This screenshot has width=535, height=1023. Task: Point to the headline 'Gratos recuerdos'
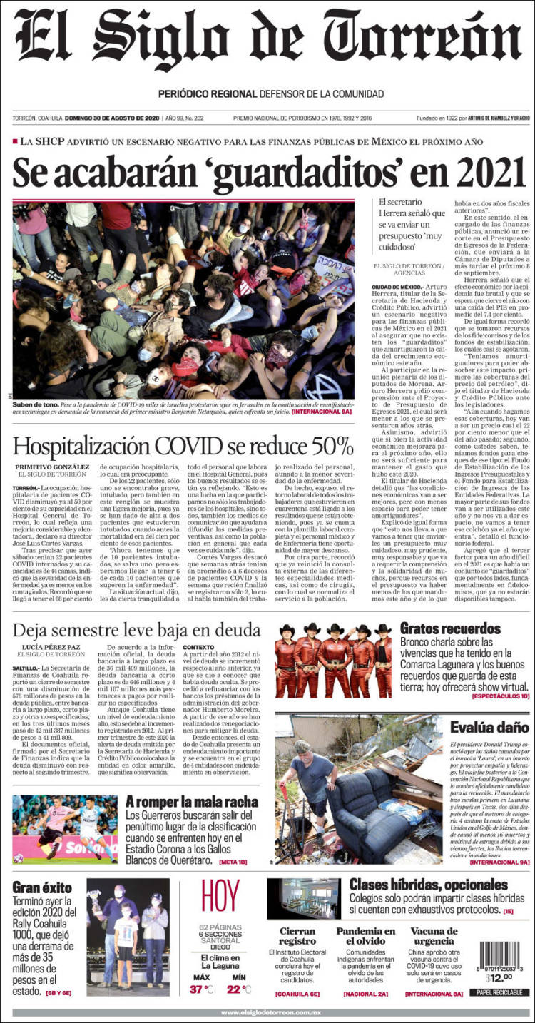click(450, 628)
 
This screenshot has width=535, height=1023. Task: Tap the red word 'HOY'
click(220, 897)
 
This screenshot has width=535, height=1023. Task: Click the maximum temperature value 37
click(196, 989)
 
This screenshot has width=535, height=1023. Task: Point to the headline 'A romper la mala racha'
click(191, 802)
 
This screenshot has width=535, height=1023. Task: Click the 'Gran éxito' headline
click(42, 887)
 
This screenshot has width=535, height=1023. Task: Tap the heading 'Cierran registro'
click(297, 936)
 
